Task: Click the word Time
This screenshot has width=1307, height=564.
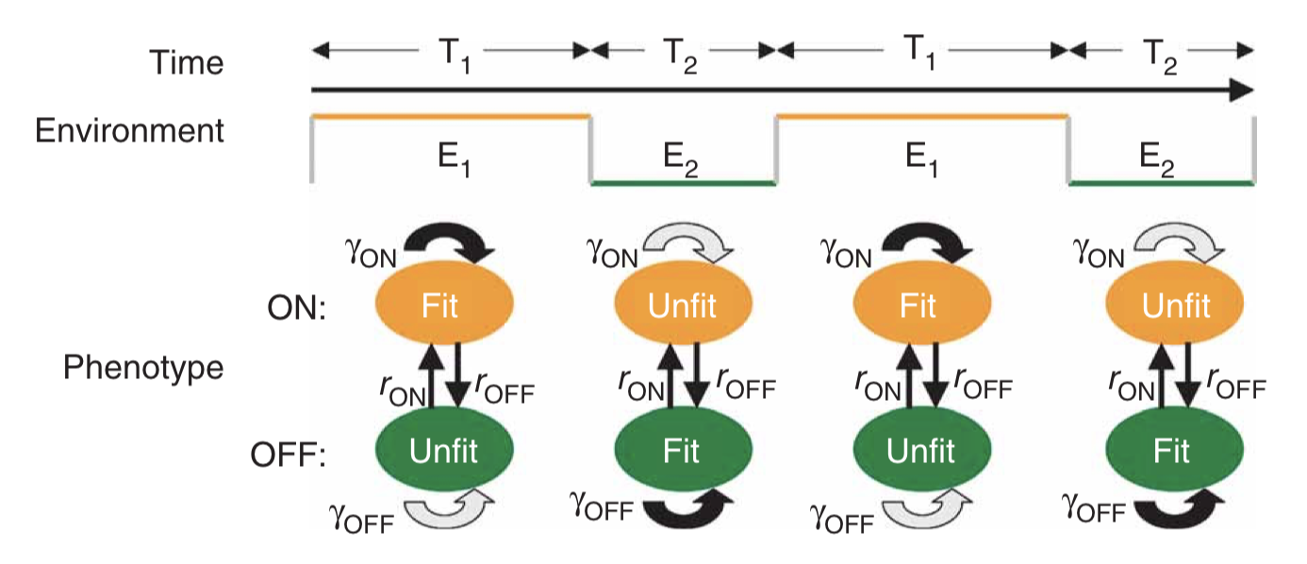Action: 187,62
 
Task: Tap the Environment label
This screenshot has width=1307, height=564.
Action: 130,130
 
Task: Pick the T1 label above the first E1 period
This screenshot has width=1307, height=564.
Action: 451,51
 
